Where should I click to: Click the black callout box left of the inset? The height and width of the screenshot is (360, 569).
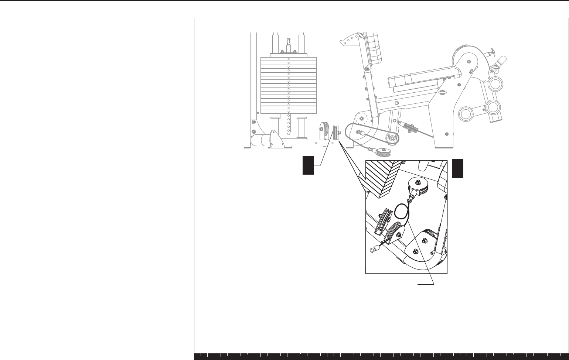coord(308,165)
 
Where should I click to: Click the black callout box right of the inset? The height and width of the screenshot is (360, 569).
coord(458,168)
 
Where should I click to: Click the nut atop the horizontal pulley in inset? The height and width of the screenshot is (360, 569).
coord(418,182)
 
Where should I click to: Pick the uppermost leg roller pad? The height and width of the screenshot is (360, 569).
coord(495,84)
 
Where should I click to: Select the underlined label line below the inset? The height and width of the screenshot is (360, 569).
coord(425,284)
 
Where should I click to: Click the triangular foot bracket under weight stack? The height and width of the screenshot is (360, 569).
coord(273,138)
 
